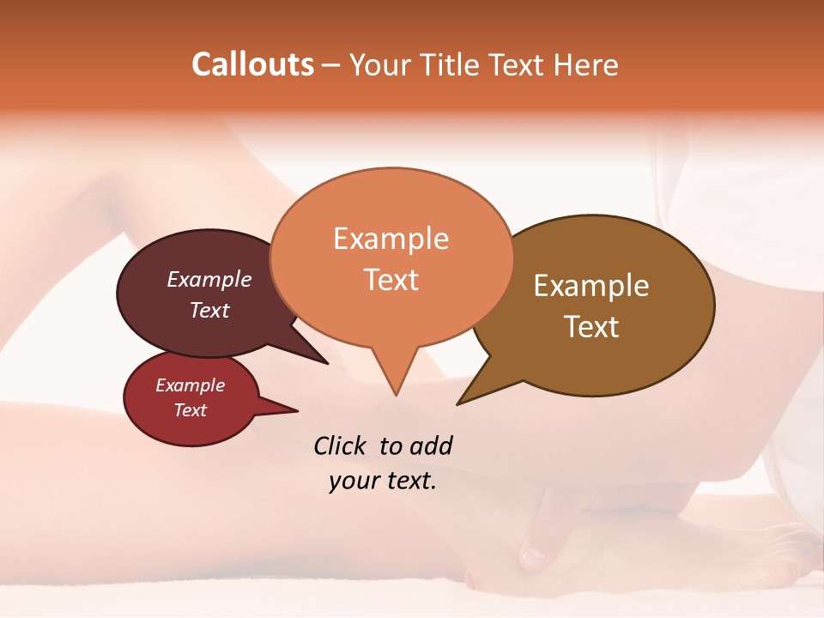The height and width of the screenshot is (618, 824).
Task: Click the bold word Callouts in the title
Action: [x=252, y=64]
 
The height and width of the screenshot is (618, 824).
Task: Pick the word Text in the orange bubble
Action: [x=391, y=279]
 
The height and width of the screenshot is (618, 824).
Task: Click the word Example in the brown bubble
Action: [x=591, y=286]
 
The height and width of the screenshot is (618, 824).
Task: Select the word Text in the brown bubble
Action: [x=591, y=326]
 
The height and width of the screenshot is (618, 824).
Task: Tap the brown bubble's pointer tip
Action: [x=458, y=403]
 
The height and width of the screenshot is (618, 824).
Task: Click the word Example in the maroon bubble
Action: [x=209, y=279]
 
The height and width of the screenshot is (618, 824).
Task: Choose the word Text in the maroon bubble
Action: [x=209, y=310]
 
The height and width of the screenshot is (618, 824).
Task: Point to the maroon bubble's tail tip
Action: [x=328, y=363]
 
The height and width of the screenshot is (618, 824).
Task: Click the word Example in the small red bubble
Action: [x=190, y=385]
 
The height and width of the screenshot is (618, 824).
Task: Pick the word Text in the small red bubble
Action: [x=190, y=410]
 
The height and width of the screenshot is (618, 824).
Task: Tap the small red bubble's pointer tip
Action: [x=297, y=410]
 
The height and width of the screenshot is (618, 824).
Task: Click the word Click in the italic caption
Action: [x=340, y=445]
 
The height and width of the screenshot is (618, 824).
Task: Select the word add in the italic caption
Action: [x=430, y=445]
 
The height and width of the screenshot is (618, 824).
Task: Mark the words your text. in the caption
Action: [x=383, y=482]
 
